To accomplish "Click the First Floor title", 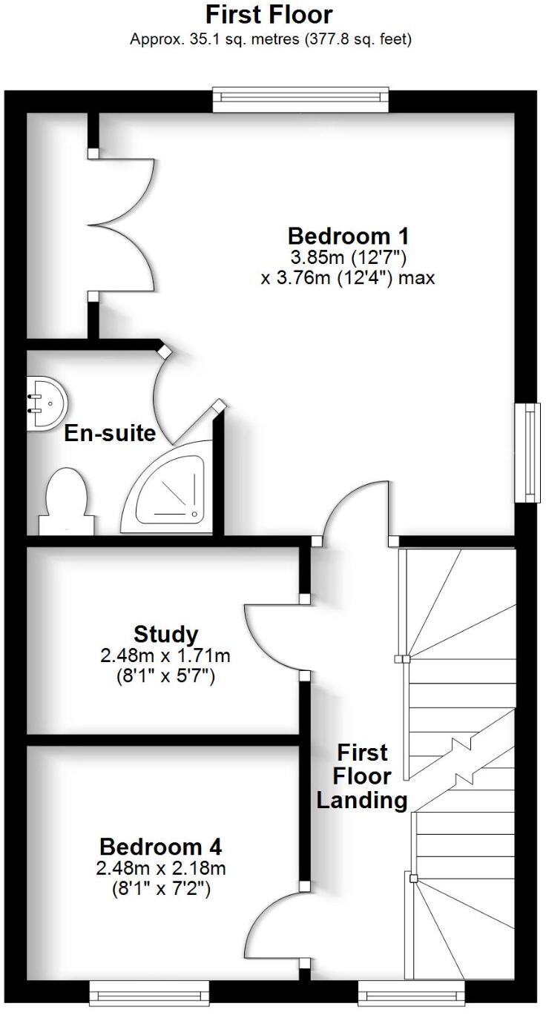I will (x=269, y=14).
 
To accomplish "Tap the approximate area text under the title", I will (x=270, y=39).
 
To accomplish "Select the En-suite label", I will (x=110, y=433).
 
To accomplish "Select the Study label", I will (x=166, y=635).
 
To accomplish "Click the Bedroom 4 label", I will (x=161, y=846).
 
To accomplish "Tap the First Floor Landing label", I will (x=362, y=776).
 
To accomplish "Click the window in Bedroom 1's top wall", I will (x=300, y=99).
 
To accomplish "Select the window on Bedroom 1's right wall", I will (x=528, y=453).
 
